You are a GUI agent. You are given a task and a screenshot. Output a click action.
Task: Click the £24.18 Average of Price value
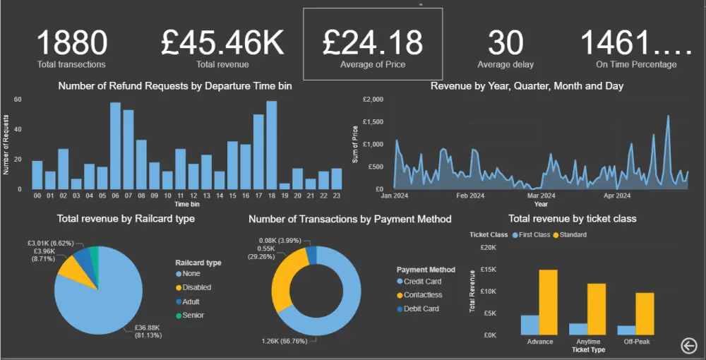372,42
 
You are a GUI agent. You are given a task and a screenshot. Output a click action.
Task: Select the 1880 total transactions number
71,42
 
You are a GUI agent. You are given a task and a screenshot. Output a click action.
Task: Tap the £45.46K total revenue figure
222,42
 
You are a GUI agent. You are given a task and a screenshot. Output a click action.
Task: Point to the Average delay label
505,64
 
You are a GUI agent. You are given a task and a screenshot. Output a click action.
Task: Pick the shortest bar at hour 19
285,186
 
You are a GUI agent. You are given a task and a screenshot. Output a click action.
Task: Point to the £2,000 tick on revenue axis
373,100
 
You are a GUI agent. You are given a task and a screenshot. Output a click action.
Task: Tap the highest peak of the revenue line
668,116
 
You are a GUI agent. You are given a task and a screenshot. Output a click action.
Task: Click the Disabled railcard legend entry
196,287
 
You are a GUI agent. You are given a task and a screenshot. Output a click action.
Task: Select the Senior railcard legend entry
193,315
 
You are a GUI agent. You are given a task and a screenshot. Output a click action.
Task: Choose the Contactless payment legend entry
423,295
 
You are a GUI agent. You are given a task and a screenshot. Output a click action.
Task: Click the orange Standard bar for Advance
549,302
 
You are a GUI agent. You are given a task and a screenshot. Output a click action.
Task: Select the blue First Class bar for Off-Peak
626,330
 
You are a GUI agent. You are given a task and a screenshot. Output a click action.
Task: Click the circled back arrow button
688,344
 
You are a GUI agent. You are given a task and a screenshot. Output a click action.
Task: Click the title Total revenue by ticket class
572,219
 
